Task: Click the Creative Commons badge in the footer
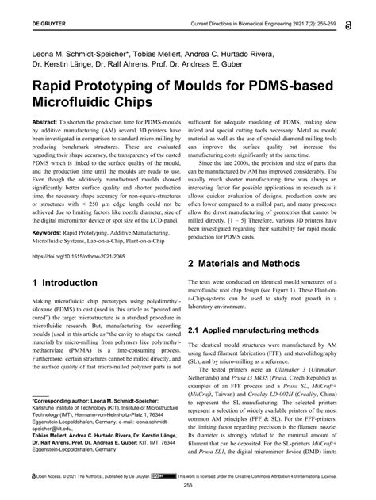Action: click(159, 477)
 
